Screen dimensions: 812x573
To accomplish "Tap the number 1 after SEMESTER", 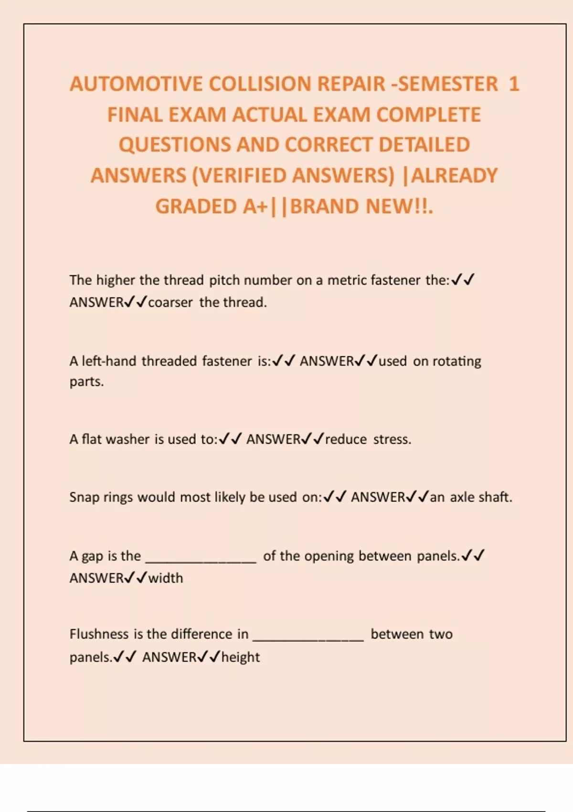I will tap(513, 84).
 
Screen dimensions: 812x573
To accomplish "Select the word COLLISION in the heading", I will tap(260, 84).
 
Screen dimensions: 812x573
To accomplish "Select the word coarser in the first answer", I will tap(170, 302).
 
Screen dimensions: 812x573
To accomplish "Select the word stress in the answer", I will tap(392, 439).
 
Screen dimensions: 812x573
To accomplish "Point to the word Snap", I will tap(84, 497).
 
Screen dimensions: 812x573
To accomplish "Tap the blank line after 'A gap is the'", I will tap(201, 562).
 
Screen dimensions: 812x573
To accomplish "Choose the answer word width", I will tap(166, 578).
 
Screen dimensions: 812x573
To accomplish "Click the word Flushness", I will tap(99, 634).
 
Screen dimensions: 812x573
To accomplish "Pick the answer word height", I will tap(241, 657).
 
